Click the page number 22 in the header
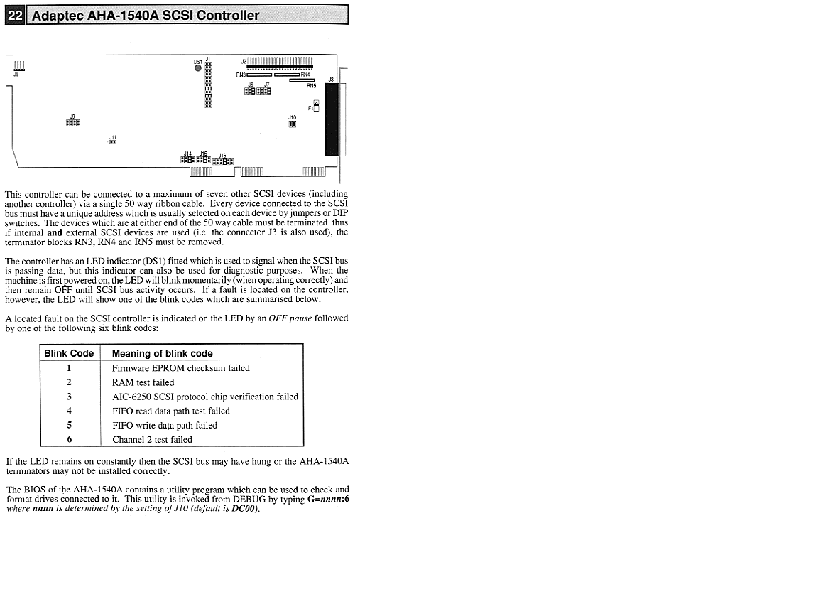pos(14,14)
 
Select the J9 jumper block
pos(72,122)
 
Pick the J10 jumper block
pos(292,124)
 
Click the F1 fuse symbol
pos(316,107)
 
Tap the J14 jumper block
pos(187,160)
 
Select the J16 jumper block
pos(223,161)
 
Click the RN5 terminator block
pos(302,80)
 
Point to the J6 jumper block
pos(250,91)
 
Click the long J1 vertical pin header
pos(208,85)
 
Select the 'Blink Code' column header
pos(69,353)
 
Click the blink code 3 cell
pos(69,397)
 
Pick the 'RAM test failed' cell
pos(143,382)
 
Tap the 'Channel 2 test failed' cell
pos(152,439)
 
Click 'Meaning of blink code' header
pos(162,353)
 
